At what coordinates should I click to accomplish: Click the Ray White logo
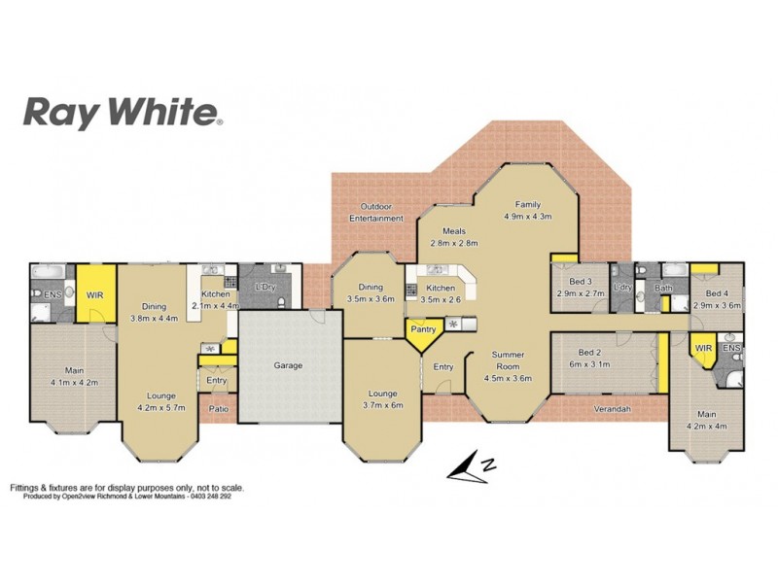pos(123,112)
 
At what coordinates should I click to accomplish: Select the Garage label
pos(288,365)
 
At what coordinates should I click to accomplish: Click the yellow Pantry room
pos(423,330)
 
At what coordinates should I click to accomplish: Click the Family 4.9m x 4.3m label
pos(528,211)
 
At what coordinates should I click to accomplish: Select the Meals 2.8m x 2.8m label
pos(453,236)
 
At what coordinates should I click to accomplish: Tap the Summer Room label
pos(508,366)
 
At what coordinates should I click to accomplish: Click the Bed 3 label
pos(581,287)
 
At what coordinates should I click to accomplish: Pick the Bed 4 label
pos(717,299)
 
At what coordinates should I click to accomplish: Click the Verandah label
pos(613,409)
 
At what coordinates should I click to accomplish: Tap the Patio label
pos(218,409)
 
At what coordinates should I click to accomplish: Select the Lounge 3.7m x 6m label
pos(383,399)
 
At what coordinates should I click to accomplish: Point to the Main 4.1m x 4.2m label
pos(73,376)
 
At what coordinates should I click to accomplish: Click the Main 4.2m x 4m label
pos(707,418)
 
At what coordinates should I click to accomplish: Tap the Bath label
pos(663,288)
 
